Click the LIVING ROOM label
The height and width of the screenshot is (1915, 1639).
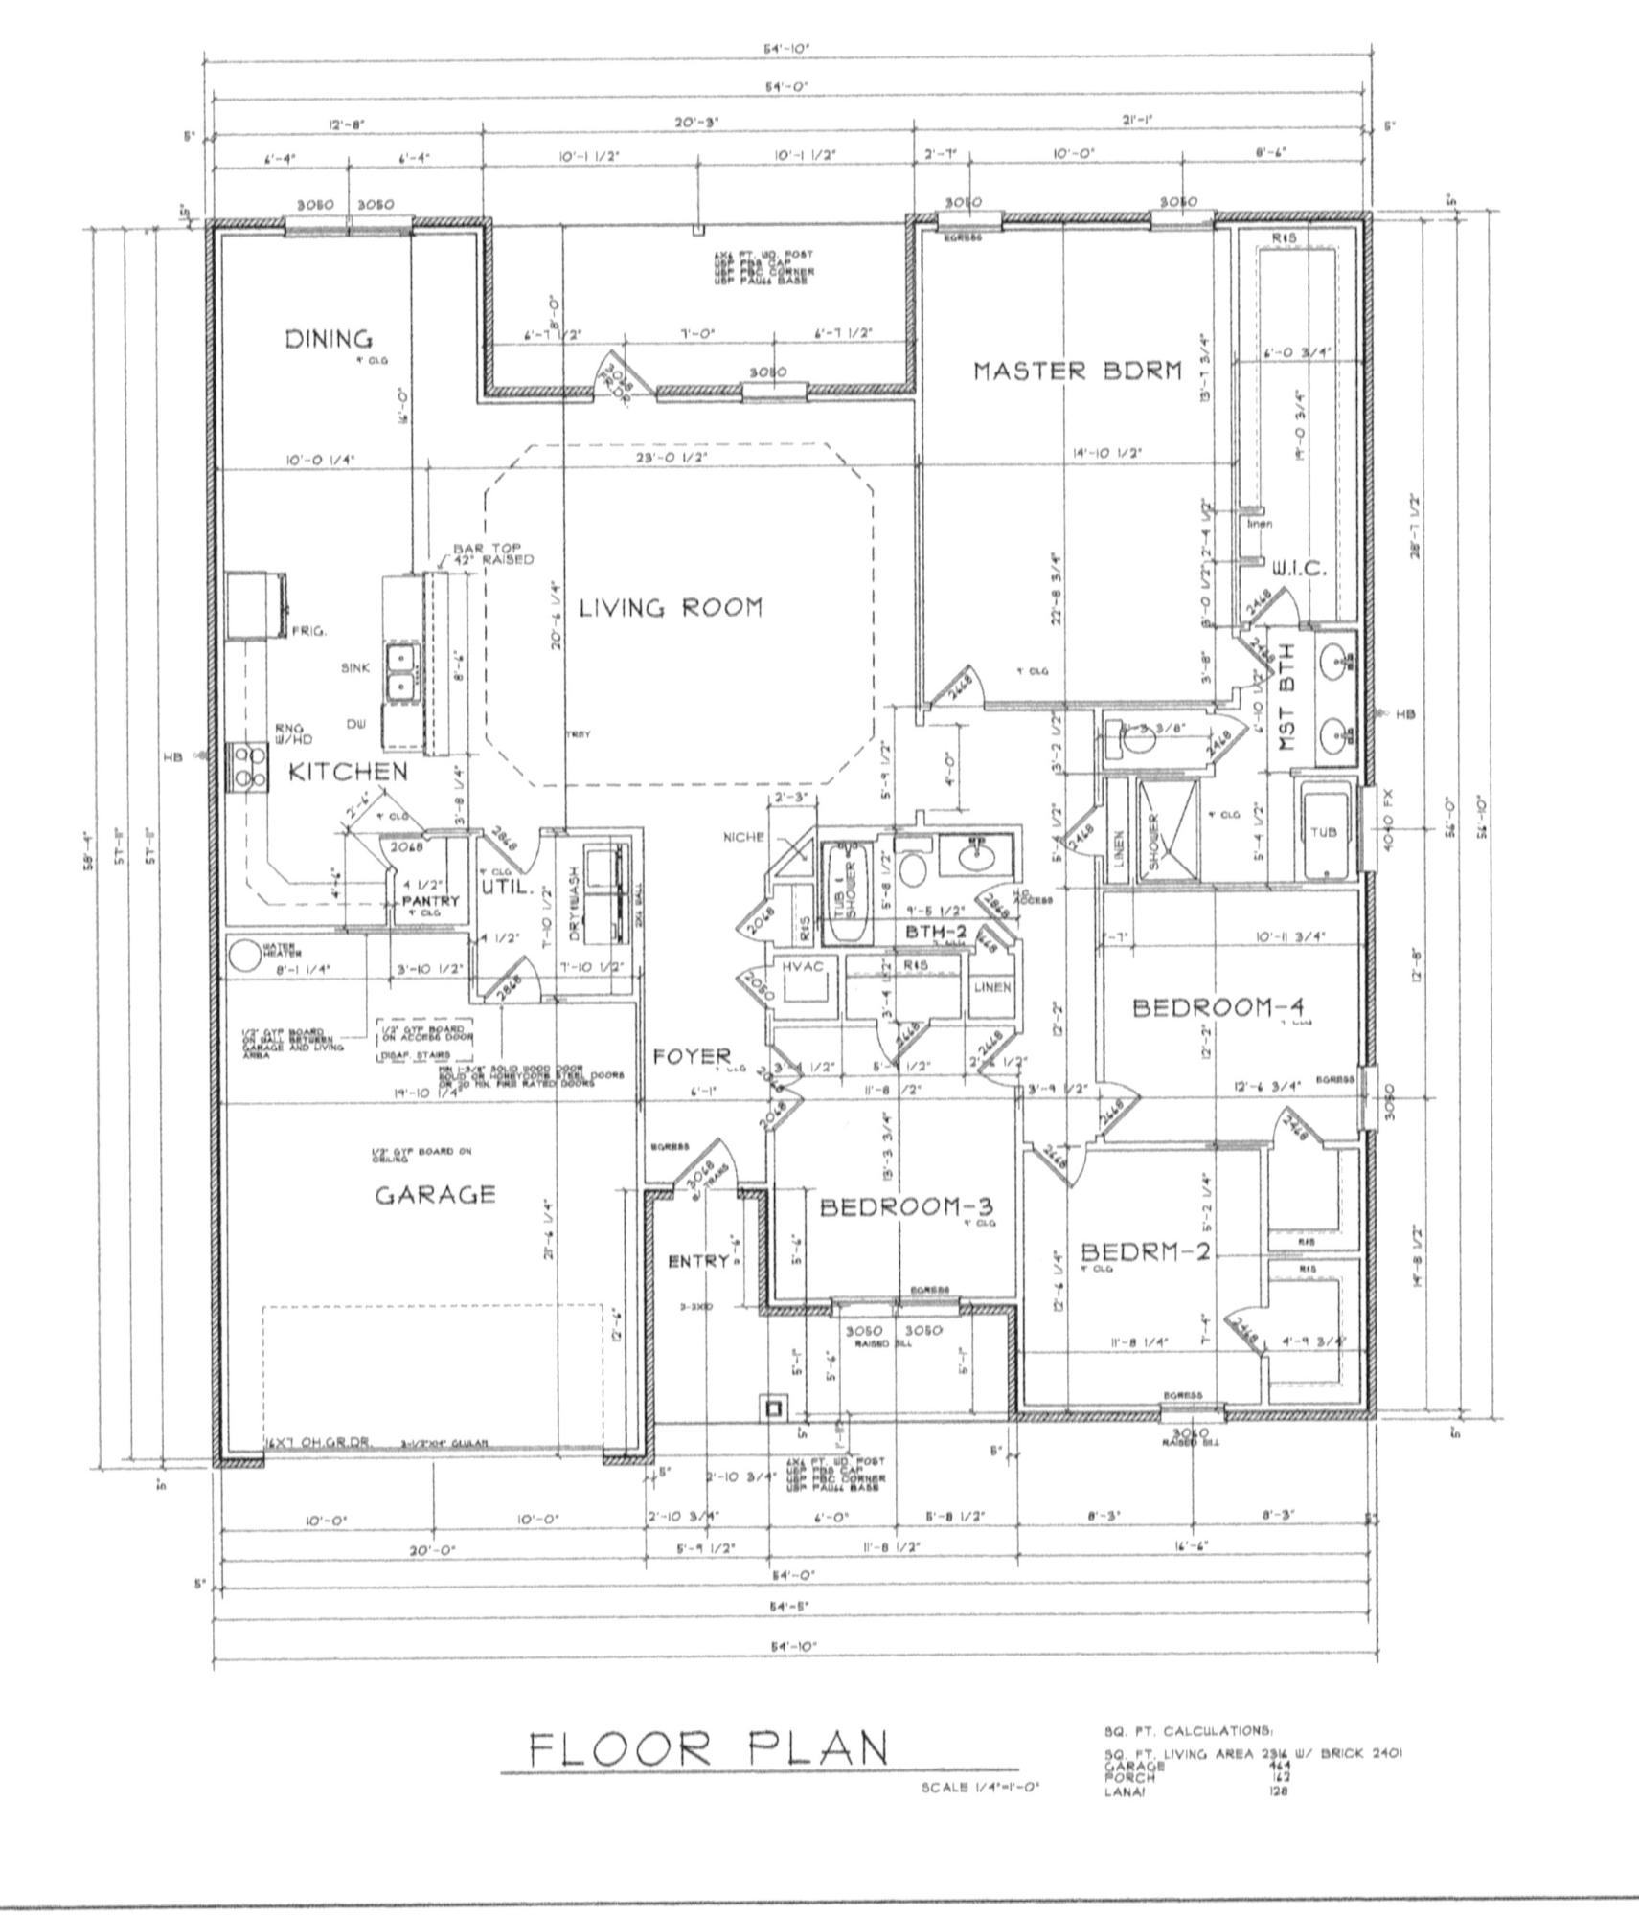(671, 607)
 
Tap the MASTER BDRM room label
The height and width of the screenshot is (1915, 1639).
(1078, 371)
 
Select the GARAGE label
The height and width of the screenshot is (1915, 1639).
(435, 1194)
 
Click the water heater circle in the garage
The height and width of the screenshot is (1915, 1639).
(244, 953)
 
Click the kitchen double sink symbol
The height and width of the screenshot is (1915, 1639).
(401, 672)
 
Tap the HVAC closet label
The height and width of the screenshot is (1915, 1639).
(803, 968)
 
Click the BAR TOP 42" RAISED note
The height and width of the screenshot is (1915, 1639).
(492, 554)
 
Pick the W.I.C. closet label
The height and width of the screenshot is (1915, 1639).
(1298, 569)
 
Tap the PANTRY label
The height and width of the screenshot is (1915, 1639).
(430, 901)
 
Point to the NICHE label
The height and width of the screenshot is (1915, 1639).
(744, 837)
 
